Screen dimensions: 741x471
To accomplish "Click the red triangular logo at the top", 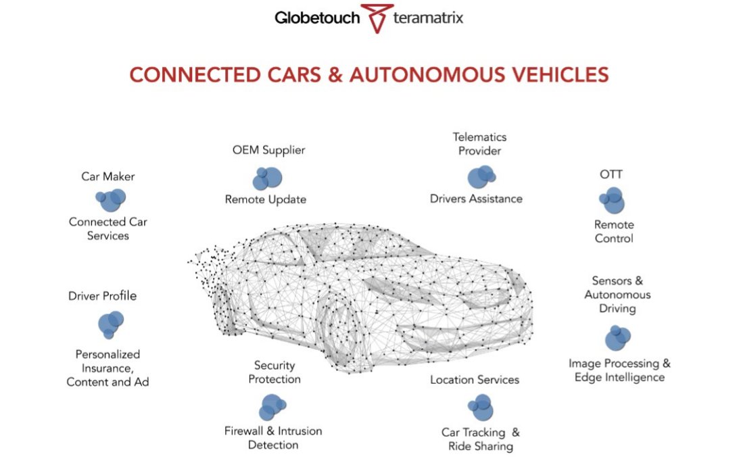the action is (376, 18).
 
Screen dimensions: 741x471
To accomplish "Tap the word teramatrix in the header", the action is (428, 18).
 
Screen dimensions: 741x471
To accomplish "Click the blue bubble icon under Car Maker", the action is (110, 199).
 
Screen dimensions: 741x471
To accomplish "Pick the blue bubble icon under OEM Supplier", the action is (266, 178).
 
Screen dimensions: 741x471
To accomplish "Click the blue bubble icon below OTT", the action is (612, 201).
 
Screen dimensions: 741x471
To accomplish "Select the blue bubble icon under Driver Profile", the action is (110, 324).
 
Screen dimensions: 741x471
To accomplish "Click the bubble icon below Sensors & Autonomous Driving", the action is (617, 337).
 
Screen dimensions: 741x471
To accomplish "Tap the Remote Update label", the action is (266, 199).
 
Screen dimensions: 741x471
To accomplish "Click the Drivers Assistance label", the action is (476, 199).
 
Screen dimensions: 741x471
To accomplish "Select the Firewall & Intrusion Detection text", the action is (273, 438).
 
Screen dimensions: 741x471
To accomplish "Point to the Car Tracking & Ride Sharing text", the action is (481, 439).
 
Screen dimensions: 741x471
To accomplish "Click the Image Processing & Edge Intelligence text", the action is (619, 370).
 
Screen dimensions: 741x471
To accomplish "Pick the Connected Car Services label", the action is (108, 228).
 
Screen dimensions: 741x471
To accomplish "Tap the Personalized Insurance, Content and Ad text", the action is (108, 368).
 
